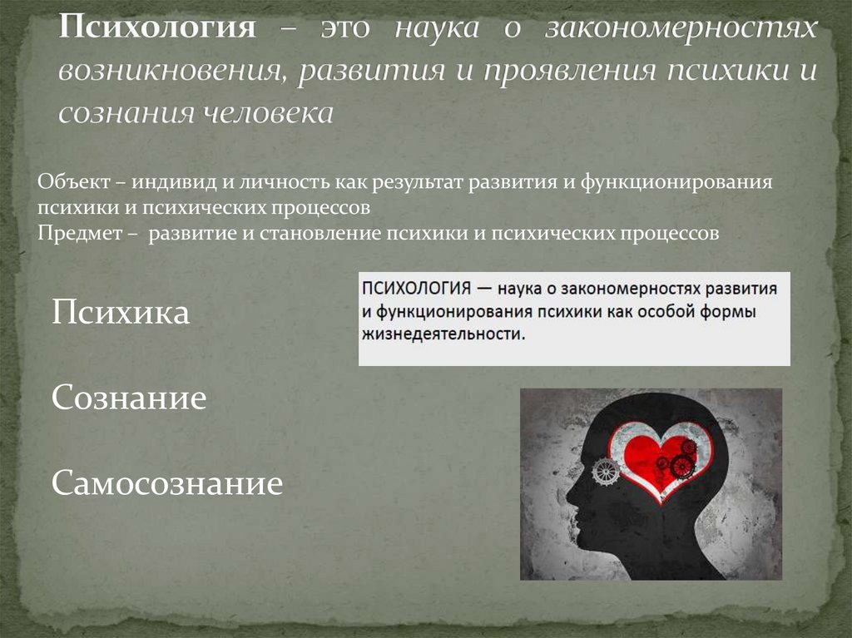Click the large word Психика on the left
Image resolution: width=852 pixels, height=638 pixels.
(121, 314)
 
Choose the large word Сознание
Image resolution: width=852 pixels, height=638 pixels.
(129, 398)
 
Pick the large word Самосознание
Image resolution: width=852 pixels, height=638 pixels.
(167, 483)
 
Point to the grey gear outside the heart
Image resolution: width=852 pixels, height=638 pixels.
(605, 471)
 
